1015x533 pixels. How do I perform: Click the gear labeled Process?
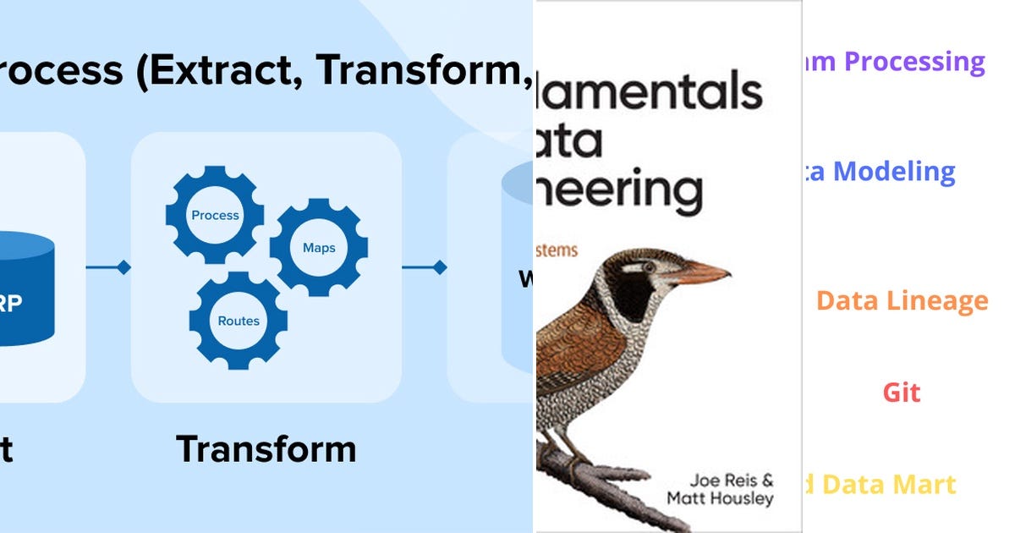coord(215,215)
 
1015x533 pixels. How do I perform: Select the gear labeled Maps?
coord(319,247)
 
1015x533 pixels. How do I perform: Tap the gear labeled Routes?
coord(239,321)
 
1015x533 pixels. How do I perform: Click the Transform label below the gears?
coord(266,448)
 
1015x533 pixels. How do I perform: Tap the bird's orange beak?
coord(702,273)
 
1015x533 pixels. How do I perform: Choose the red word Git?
coord(902,393)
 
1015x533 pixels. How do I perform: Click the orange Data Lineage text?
coord(902,300)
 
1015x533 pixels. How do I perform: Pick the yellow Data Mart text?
coord(888,485)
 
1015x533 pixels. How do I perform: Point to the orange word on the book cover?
coord(557,250)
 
